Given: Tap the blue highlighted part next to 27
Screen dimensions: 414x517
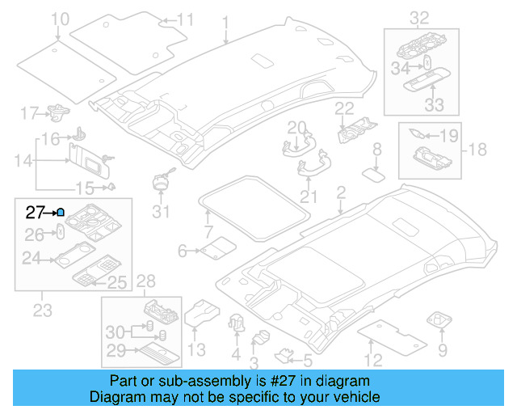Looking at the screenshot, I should [x=61, y=213].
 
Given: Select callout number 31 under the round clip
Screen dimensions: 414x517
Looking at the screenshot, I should [x=162, y=212].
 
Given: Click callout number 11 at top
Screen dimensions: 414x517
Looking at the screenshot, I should [x=185, y=19].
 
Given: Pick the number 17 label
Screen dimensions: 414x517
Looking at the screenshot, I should [x=29, y=112].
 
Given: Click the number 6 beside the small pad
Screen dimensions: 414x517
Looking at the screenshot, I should [x=183, y=251].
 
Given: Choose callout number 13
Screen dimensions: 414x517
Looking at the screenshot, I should [x=196, y=349].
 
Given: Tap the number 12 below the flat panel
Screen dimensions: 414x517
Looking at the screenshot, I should [x=372, y=361].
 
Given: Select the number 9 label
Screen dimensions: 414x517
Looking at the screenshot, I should [x=442, y=350].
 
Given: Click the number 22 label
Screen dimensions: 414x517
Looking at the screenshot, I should [x=345, y=108].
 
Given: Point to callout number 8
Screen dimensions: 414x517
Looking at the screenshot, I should [x=376, y=149].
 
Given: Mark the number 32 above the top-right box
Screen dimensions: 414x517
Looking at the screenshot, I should [x=419, y=18].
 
